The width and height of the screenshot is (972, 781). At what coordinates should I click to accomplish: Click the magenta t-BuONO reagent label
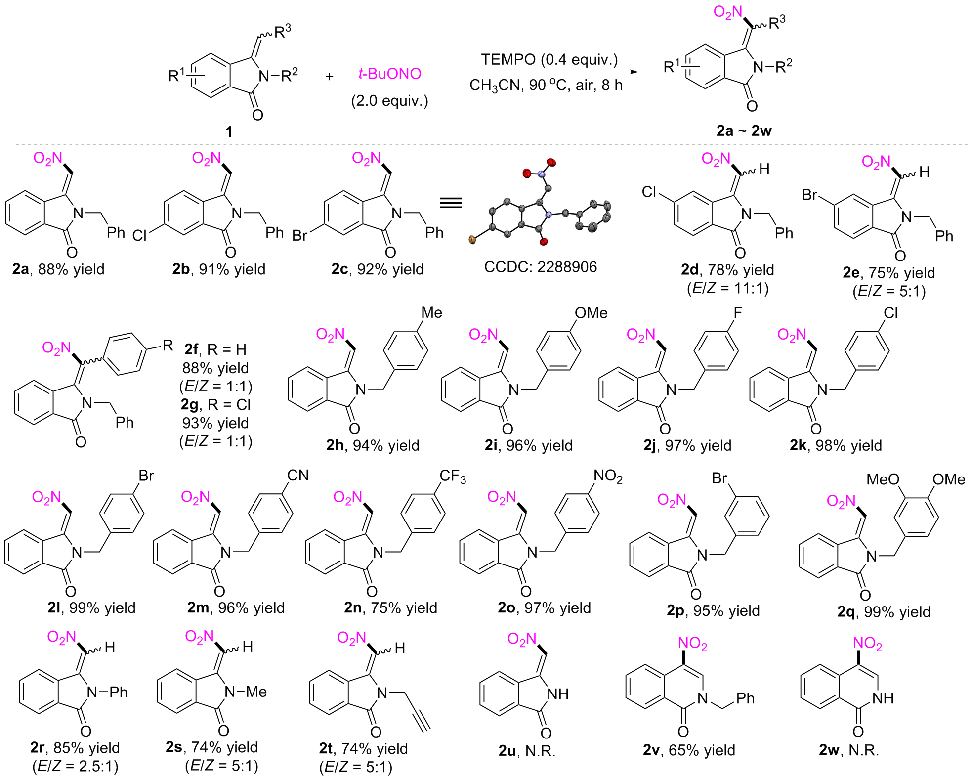(389, 74)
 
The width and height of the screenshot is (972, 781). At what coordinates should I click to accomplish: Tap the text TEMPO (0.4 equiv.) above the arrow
(549, 59)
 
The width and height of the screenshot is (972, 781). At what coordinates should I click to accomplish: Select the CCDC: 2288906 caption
(540, 267)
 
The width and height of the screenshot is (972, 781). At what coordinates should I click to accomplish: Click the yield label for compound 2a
(58, 269)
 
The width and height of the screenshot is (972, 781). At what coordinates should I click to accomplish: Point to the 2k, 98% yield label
(836, 445)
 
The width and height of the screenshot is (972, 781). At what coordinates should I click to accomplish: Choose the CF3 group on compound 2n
(452, 476)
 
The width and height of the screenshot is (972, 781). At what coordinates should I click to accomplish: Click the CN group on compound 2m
(297, 476)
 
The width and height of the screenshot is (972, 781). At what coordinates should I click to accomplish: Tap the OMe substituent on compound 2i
(591, 313)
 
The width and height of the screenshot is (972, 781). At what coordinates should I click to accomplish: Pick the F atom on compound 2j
(738, 313)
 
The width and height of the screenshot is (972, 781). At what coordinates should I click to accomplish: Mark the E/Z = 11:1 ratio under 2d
(727, 288)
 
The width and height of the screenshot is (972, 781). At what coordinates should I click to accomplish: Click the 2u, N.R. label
(527, 751)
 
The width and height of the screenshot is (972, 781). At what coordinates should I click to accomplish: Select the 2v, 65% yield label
(689, 750)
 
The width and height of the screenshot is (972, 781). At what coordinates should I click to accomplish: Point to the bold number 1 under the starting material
(228, 131)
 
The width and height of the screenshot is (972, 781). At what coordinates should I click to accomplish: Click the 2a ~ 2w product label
(744, 130)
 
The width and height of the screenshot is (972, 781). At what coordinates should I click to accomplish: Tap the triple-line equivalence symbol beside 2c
(451, 203)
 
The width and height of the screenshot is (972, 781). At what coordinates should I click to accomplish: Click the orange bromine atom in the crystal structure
(472, 240)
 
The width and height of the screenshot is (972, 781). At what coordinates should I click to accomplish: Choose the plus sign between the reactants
(329, 76)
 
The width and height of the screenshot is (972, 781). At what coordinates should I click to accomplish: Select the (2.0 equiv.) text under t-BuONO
(389, 101)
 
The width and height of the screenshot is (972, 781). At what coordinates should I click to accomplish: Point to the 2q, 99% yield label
(884, 612)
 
